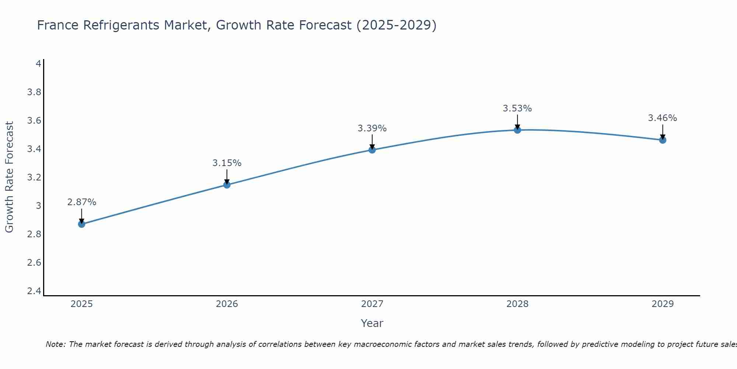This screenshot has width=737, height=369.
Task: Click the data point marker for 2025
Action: pos(82,224)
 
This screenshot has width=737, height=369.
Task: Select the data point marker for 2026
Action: pos(227,184)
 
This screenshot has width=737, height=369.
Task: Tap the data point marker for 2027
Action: pos(372,149)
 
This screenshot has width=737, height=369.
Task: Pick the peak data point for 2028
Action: pos(517,130)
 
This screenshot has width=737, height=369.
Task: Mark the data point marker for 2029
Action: pos(663,140)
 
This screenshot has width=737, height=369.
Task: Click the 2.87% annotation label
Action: pos(82,202)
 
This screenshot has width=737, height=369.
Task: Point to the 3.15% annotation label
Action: pos(227,163)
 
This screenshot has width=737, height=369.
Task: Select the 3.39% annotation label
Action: pos(372,128)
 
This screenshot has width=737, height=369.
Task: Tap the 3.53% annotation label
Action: pos(517,108)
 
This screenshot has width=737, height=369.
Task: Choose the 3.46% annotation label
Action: pos(663,118)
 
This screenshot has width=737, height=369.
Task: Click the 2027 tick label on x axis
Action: pos(372,304)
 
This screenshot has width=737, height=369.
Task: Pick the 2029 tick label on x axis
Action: pos(663,304)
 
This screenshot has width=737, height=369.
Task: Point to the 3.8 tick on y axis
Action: pos(34,92)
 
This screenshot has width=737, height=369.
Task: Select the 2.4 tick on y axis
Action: pos(34,291)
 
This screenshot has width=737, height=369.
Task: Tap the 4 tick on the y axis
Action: pos(38,64)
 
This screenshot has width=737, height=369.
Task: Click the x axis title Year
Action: pos(372,323)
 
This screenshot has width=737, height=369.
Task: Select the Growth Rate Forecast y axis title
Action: pos(9,177)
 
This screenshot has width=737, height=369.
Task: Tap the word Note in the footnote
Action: pos(55,344)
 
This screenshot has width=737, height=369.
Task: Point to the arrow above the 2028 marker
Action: pos(517,122)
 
